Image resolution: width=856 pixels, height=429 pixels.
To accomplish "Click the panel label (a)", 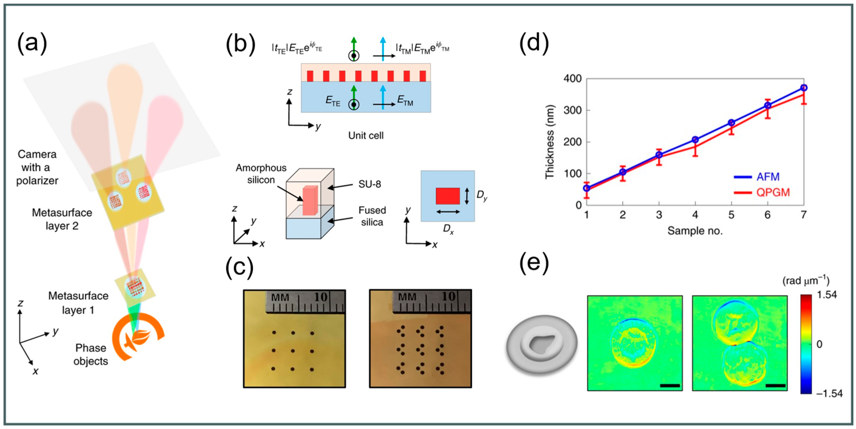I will (x=32, y=44).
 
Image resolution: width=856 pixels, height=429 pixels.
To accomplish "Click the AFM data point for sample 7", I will (x=803, y=88).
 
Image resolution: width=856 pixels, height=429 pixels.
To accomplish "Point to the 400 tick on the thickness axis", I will (x=572, y=79).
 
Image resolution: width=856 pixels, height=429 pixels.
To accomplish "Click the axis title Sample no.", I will (x=695, y=231).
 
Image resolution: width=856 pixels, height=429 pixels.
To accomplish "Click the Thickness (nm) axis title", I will (x=550, y=142).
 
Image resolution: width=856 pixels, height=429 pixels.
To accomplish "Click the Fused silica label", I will (x=372, y=216).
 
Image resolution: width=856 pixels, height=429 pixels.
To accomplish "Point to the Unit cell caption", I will (x=366, y=135).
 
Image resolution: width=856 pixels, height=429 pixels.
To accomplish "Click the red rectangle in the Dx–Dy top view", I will (x=448, y=196).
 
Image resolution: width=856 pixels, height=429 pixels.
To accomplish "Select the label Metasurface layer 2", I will (x=62, y=219).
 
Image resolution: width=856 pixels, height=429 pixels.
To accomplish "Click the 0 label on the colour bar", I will (x=819, y=344).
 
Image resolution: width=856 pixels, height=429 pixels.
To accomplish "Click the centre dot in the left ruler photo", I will (x=293, y=351).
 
